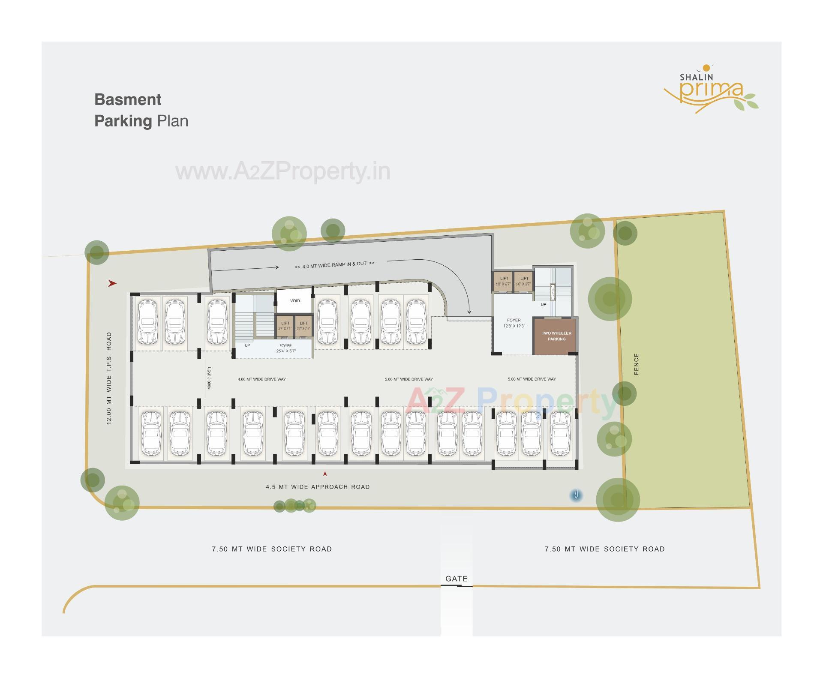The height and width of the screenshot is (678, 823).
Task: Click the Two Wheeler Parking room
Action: [556, 336]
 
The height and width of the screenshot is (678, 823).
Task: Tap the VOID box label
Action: [295, 301]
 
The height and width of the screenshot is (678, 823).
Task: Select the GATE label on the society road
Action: [457, 579]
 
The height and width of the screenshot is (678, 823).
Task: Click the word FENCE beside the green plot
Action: [636, 364]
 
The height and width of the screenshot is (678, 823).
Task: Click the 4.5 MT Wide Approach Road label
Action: [318, 487]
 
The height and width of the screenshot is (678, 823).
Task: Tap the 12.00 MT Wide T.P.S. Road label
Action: [109, 378]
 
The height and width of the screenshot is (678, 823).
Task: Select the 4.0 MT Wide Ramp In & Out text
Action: [334, 265]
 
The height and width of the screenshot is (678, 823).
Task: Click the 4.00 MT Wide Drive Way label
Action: [261, 379]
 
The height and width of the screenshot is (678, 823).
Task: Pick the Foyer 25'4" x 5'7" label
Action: [285, 348]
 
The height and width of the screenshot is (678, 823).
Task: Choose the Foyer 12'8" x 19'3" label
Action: [514, 323]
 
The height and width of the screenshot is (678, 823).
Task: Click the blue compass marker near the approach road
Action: [577, 495]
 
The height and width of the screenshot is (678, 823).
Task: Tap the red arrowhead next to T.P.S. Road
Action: [112, 283]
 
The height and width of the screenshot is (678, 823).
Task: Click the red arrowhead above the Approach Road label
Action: [325, 474]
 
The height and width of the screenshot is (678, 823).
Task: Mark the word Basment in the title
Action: [128, 99]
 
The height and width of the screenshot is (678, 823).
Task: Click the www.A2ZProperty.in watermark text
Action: [283, 171]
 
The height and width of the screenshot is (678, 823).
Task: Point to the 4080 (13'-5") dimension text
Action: [209, 378]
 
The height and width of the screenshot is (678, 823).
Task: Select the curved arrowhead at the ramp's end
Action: [469, 312]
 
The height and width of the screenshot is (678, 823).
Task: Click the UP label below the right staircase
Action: [543, 305]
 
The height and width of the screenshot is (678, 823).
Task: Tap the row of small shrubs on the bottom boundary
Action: [295, 506]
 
